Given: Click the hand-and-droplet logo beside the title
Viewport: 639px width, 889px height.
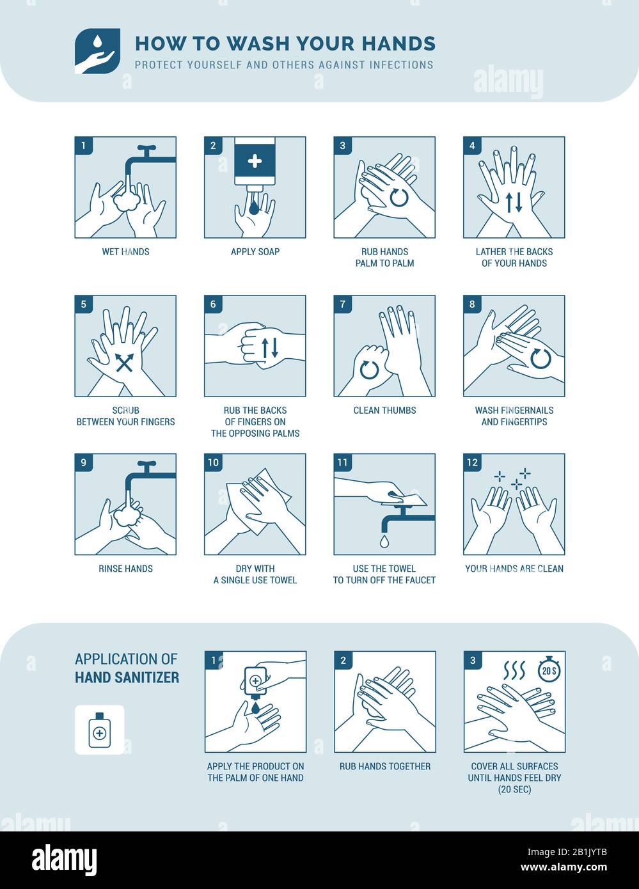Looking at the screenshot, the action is (97, 51).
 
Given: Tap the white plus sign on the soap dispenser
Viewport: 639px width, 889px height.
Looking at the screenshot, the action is (255, 162).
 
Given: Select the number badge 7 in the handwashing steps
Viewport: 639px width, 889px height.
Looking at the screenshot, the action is (342, 304).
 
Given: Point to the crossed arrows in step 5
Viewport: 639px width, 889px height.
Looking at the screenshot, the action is (124, 363).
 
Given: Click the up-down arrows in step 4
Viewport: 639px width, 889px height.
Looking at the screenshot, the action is (514, 202).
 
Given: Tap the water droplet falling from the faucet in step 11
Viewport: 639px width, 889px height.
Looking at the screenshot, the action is (384, 541).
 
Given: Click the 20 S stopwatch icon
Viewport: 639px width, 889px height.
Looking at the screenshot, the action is (549, 670).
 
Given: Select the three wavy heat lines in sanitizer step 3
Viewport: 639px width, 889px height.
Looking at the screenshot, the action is (514, 670).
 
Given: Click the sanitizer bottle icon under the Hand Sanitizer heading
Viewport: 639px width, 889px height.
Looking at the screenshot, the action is (99, 730).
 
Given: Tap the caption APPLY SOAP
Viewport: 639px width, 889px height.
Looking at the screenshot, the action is (255, 251).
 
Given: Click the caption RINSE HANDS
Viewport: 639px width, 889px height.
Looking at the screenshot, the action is (125, 569).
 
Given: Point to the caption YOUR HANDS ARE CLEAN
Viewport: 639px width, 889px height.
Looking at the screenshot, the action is (514, 569).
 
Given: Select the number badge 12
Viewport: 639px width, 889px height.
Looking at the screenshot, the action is (472, 463).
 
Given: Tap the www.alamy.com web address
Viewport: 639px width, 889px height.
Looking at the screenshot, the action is (564, 867).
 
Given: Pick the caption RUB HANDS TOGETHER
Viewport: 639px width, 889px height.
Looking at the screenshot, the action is (384, 766).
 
